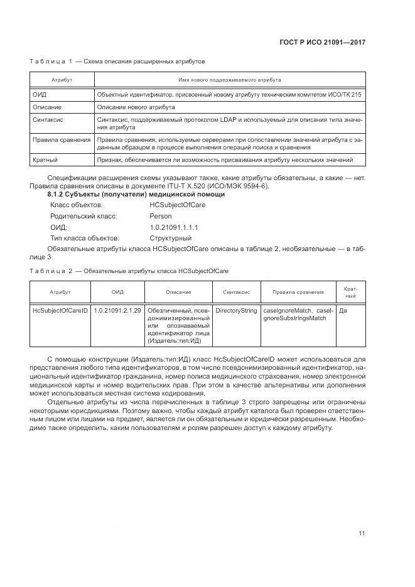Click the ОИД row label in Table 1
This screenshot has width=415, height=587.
[40, 94]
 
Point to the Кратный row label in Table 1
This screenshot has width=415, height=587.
[45, 161]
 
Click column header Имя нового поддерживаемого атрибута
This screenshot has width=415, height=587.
[230, 80]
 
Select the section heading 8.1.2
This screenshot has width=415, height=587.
[136, 195]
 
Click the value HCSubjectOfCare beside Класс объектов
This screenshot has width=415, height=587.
[175, 205]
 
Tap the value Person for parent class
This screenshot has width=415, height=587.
[160, 216]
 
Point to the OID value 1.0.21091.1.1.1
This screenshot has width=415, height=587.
[174, 227]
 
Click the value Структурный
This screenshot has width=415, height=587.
[171, 239]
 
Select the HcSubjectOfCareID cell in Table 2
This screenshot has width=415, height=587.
[60, 310]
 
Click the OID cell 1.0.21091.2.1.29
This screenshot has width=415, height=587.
[117, 310]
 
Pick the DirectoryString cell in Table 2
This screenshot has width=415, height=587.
[236, 310]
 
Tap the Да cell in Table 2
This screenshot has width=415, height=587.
[343, 310]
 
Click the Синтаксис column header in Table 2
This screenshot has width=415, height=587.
[236, 292]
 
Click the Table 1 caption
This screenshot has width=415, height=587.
[117, 62]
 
